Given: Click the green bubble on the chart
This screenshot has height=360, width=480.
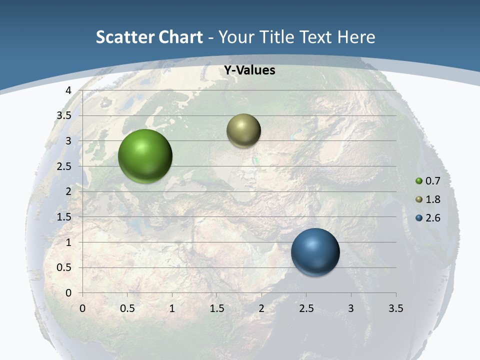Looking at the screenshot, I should click(x=145, y=156).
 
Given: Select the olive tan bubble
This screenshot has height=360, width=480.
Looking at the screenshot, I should click(x=243, y=130).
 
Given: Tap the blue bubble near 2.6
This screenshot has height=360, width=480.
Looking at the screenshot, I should click(x=315, y=252).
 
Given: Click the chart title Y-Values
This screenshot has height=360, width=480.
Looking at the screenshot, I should click(x=249, y=70).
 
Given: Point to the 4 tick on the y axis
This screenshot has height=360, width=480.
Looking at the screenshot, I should click(x=68, y=90).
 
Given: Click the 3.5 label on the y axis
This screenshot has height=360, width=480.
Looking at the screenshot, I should click(x=64, y=115).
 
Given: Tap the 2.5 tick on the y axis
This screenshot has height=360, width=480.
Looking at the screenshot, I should click(x=64, y=166).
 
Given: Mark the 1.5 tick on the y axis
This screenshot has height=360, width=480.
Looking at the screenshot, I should click(x=64, y=217).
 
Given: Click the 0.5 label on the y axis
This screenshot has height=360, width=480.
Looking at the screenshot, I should click(x=64, y=268).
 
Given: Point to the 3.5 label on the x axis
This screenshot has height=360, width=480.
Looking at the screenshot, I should click(x=395, y=308).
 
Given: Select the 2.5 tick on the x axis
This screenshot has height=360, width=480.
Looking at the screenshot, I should click(x=306, y=308).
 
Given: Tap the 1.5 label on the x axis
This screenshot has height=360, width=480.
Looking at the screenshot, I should click(x=216, y=308).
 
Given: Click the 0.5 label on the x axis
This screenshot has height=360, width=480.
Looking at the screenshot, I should click(x=127, y=308).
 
